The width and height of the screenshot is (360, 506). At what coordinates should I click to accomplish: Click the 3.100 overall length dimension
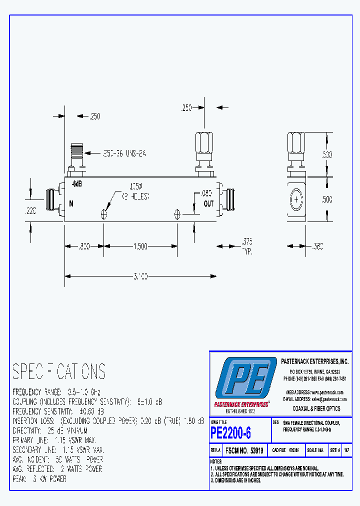pyautogui.click(x=140, y=276)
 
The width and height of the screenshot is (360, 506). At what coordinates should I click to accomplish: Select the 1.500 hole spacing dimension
pyautogui.click(x=140, y=246)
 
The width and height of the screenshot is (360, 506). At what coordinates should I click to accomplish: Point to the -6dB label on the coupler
pyautogui.click(x=76, y=184)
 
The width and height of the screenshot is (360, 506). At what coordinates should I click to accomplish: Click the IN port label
pyautogui.click(x=70, y=203)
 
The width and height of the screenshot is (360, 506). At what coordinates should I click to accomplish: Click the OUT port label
pyautogui.click(x=208, y=203)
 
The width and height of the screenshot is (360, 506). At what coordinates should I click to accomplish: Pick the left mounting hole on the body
pyautogui.click(x=104, y=214)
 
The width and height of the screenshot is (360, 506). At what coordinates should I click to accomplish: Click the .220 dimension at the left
pyautogui.click(x=31, y=211)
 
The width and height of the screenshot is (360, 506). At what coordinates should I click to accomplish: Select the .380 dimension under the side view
pyautogui.click(x=317, y=246)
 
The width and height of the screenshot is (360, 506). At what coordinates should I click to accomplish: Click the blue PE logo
pyautogui.click(x=245, y=378)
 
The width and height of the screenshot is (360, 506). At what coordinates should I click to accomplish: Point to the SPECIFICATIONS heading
pyautogui.click(x=59, y=371)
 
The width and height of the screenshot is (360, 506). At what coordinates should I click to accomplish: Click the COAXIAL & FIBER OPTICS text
pyautogui.click(x=316, y=408)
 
